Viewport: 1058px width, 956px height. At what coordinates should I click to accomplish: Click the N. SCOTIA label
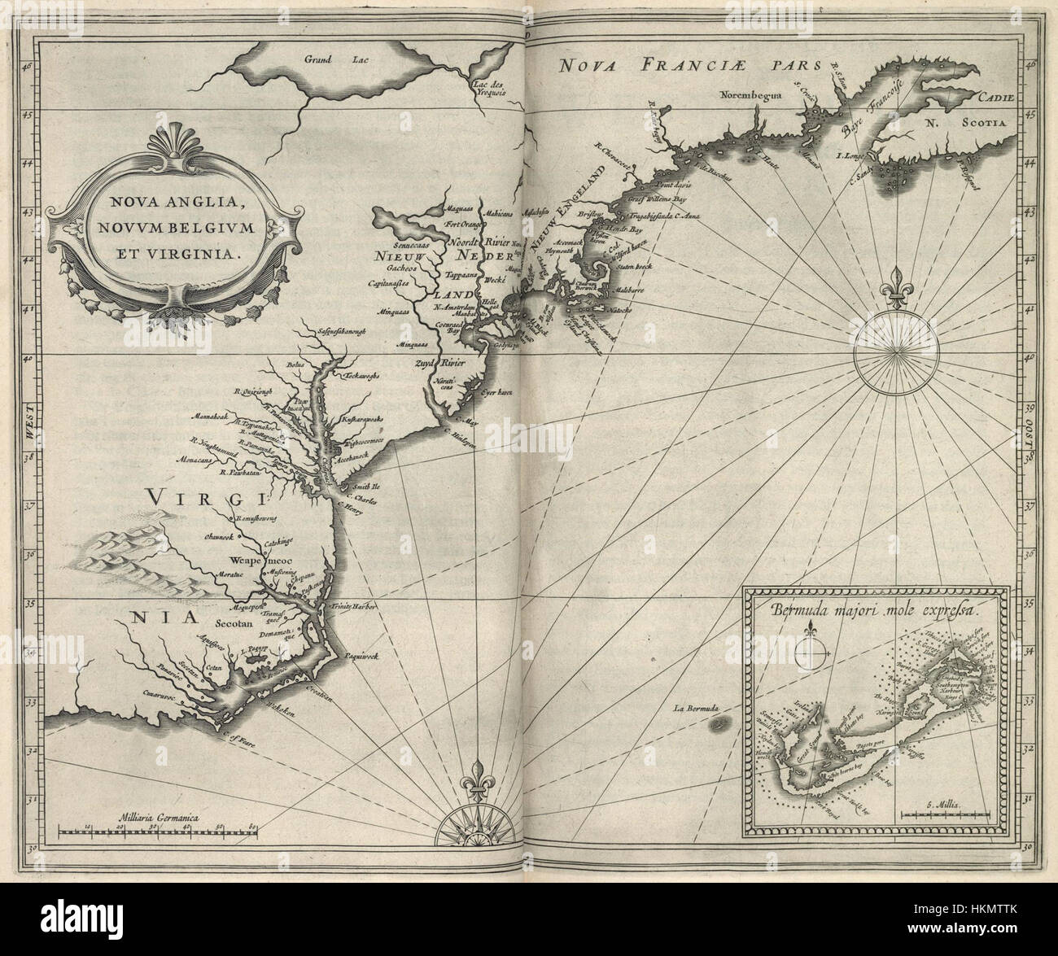(967, 124)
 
